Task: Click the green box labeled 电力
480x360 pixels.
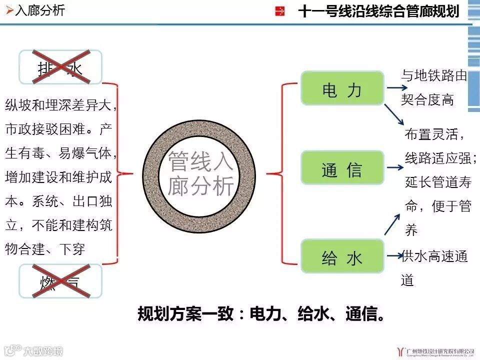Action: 342,88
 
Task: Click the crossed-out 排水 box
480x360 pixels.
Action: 60,67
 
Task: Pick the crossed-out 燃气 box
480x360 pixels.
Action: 60,281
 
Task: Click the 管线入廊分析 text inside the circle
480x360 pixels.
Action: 200,173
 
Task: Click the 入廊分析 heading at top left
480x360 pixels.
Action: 40,10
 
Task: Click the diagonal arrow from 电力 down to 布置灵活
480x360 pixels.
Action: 394,114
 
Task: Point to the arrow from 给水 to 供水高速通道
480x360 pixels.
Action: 395,255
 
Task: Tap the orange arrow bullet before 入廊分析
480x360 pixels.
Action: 9,10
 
